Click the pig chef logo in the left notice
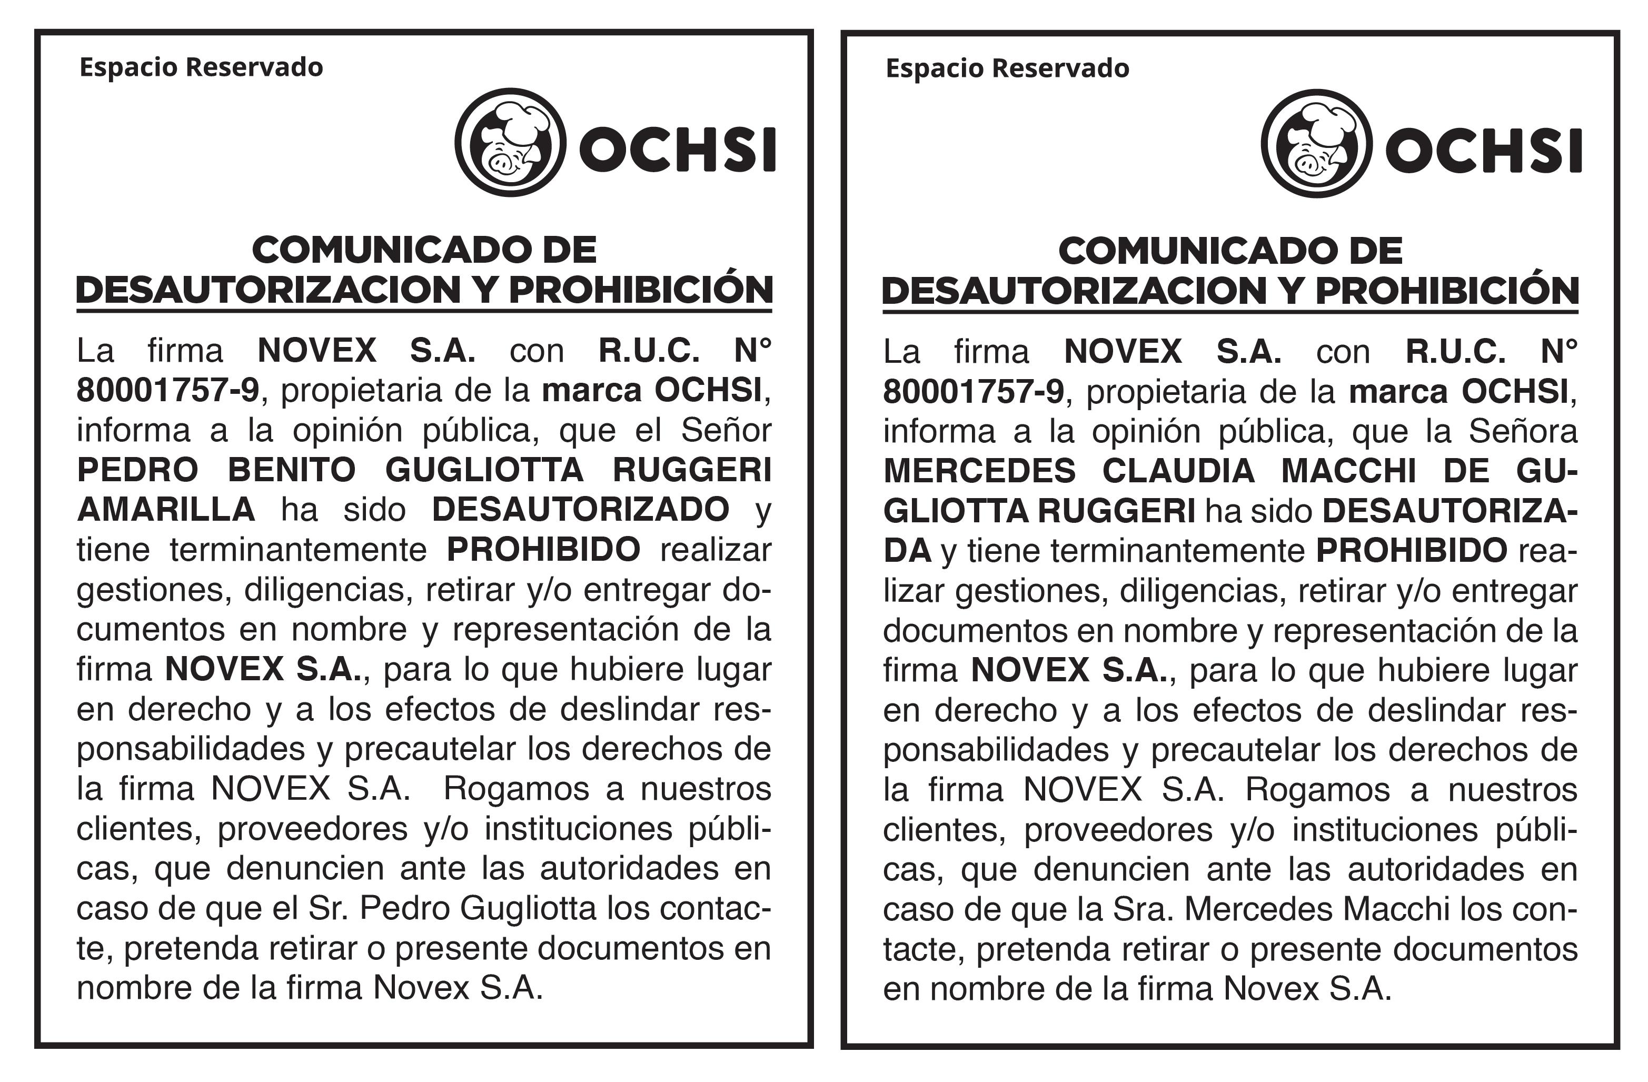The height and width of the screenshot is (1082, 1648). (x=510, y=143)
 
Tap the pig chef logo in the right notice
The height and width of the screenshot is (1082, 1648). (x=1316, y=143)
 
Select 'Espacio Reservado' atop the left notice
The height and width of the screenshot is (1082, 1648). (x=201, y=68)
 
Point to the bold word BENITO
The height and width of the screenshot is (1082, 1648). (x=292, y=470)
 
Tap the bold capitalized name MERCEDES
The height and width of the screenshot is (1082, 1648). (x=979, y=471)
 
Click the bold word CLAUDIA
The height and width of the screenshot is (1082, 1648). (x=1178, y=471)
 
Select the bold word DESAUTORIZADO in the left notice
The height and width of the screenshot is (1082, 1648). (x=580, y=510)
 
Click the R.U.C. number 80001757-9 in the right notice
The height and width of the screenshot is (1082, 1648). (x=973, y=392)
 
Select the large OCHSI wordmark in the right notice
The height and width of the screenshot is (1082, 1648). (x=1483, y=151)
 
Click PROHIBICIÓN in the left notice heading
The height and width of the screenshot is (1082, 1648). (x=640, y=290)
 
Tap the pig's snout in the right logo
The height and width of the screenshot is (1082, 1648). (x=1307, y=164)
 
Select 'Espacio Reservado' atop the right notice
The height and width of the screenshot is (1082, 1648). (x=1008, y=68)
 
